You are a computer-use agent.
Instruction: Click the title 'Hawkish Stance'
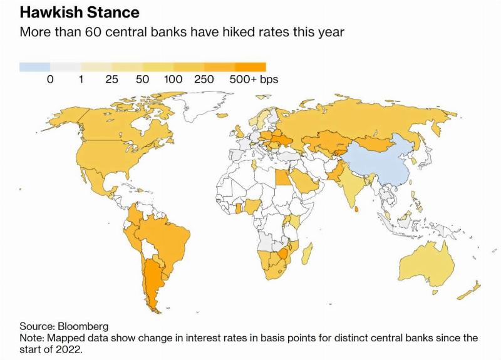pyautogui.click(x=80, y=13)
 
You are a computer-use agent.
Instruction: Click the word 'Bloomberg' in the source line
pyautogui.click(x=83, y=326)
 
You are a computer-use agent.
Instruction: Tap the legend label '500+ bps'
pyautogui.click(x=254, y=80)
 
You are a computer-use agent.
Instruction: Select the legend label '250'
pyautogui.click(x=204, y=80)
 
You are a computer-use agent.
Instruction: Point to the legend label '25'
pyautogui.click(x=112, y=80)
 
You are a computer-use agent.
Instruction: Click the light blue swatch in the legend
pyautogui.click(x=35, y=67)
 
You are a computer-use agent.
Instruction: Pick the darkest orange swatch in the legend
pyautogui.click(x=250, y=67)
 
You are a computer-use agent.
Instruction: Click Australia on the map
pyautogui.click(x=427, y=264)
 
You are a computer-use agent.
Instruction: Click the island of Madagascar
pyautogui.click(x=307, y=254)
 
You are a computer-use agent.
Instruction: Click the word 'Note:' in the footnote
pyautogui.click(x=32, y=337)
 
